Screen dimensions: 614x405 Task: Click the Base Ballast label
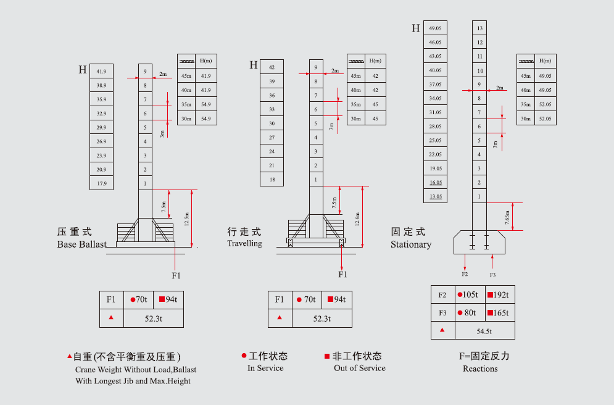tap(82, 244)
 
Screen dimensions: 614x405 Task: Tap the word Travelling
tap(245, 243)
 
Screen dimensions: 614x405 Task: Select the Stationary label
tap(411, 244)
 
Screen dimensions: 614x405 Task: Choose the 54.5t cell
tap(484, 332)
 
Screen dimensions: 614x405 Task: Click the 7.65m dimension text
tap(507, 217)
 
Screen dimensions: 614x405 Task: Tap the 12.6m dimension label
tap(357, 219)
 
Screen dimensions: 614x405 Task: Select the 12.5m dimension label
tap(186, 219)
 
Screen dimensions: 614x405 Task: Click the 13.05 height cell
tap(436, 196)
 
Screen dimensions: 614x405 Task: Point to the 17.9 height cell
tap(101, 183)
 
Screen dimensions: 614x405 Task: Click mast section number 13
tap(479, 28)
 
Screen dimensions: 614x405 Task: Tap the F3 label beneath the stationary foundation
tap(492, 275)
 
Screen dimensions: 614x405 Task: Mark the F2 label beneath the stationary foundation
tap(465, 274)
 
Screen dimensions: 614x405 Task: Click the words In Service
tap(265, 368)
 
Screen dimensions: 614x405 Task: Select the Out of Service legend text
tap(360, 368)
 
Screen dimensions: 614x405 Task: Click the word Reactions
tap(480, 369)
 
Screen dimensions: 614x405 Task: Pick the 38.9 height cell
tap(101, 85)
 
